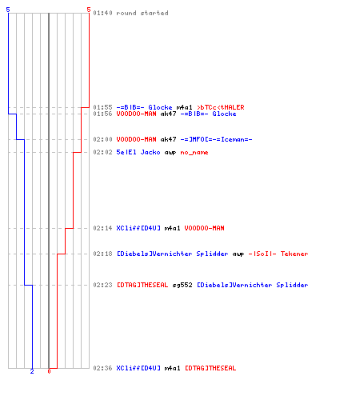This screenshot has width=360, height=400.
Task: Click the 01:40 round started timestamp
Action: (x=102, y=13)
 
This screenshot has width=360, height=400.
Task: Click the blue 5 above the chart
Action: (x=8, y=10)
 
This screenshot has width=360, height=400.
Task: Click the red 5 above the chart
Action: (x=89, y=10)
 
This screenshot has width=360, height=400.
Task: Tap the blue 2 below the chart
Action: (x=32, y=371)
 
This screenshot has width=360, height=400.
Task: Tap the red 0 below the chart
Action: (x=49, y=371)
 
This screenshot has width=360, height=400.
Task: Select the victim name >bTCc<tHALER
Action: (x=221, y=107)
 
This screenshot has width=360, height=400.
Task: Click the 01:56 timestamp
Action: (x=102, y=114)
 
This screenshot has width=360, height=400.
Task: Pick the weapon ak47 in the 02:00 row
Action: (x=168, y=139)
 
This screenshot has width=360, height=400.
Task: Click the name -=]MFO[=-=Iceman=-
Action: (x=216, y=139)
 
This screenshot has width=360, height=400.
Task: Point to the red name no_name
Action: (x=194, y=152)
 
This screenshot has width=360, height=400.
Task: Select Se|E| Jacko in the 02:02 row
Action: (x=138, y=152)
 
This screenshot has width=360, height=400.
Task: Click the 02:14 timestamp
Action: (x=102, y=228)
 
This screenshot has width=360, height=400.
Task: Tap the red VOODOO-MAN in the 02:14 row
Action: (x=204, y=228)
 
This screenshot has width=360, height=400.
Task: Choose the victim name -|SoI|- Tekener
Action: (x=278, y=254)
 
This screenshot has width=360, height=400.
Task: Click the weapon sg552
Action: (x=182, y=285)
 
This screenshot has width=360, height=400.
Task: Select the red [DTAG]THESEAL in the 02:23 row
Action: (x=142, y=285)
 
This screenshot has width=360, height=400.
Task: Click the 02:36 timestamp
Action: (x=102, y=368)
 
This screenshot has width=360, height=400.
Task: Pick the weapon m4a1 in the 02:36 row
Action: (x=172, y=368)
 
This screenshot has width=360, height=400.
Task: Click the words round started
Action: (x=142, y=13)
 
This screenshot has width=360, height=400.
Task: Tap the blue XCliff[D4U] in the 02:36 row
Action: (x=138, y=368)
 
